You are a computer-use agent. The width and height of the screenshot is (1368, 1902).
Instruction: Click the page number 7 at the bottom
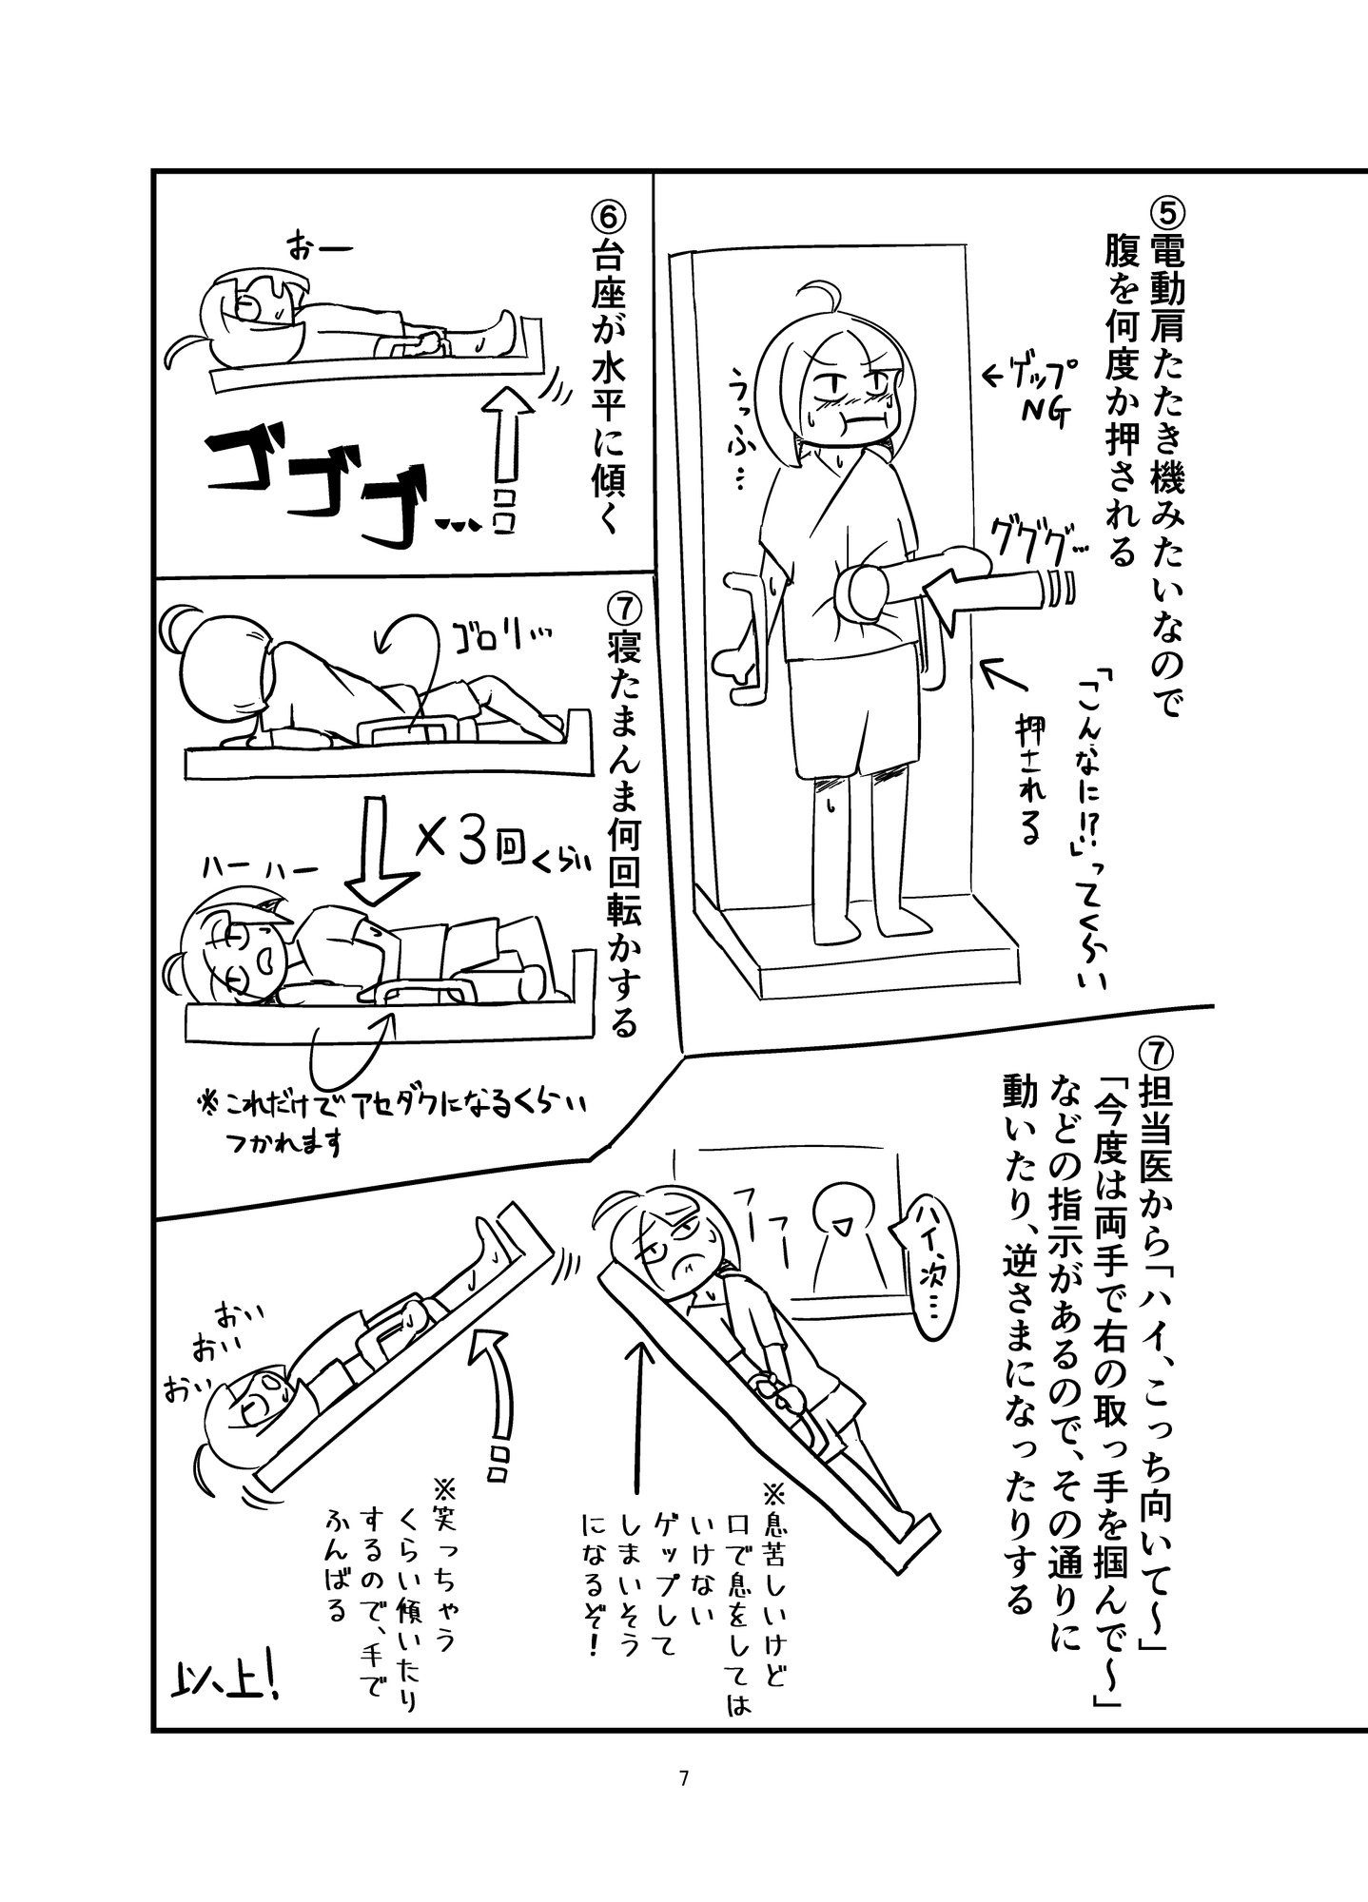point(683,1777)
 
